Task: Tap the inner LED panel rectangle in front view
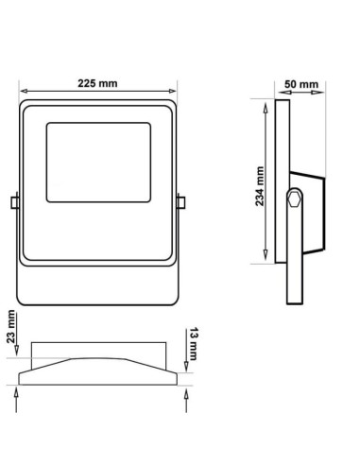point(97,164)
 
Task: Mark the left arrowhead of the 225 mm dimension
point(21,92)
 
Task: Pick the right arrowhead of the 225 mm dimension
point(174,92)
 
